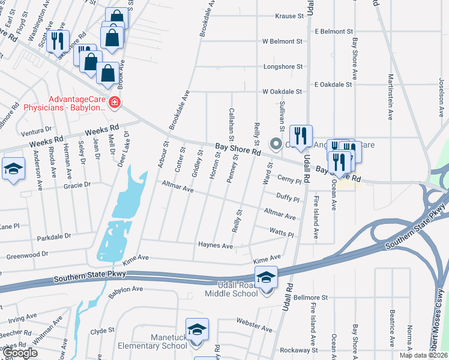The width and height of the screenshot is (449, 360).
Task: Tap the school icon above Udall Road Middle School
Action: pyautogui.click(x=266, y=277)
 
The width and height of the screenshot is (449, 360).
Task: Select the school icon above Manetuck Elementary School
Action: pyautogui.click(x=196, y=329)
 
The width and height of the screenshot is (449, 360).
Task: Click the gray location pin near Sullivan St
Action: pyautogui.click(x=276, y=143)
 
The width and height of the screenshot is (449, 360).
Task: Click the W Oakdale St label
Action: pyautogui.click(x=282, y=92)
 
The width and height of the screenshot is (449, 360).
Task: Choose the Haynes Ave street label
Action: pyautogui.click(x=215, y=245)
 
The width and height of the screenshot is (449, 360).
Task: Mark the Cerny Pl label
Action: pyautogui.click(x=288, y=179)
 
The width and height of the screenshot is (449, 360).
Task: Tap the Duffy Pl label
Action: pyautogui.click(x=288, y=196)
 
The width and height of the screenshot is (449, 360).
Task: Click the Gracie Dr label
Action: pyautogui.click(x=76, y=185)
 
